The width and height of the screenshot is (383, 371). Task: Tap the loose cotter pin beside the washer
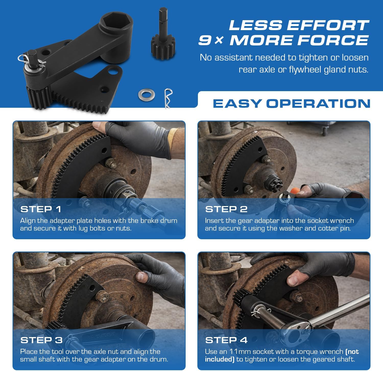(x=168, y=98)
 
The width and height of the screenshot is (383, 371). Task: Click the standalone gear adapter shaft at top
(x=163, y=36)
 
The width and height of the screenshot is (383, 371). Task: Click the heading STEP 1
(x=41, y=209)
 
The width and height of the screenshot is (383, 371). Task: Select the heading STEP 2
(x=226, y=209)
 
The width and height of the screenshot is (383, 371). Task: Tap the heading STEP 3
(x=41, y=340)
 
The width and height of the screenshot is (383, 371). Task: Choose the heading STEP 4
(x=226, y=340)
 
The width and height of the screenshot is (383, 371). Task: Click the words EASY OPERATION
(x=291, y=104)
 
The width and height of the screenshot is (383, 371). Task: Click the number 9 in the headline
(x=205, y=40)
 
